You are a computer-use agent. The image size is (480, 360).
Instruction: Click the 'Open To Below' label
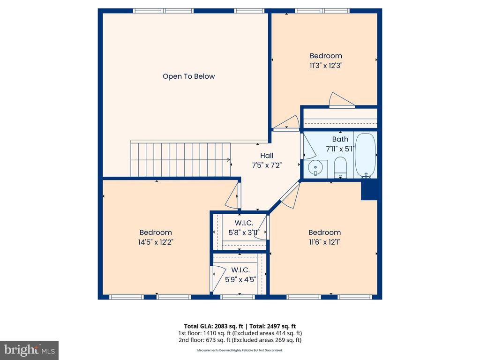[x=188, y=76]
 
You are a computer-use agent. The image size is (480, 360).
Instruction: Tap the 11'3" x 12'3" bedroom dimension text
[x=326, y=66]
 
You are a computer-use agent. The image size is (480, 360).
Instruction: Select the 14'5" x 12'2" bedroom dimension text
[x=156, y=242]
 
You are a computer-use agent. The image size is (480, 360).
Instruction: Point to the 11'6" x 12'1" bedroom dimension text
[x=324, y=242]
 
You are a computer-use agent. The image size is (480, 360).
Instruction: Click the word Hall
[x=267, y=156]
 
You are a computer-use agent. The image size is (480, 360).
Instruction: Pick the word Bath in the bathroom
[x=340, y=139]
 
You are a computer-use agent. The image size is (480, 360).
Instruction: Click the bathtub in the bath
[x=365, y=156]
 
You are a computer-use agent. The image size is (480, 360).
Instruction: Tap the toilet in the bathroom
[x=340, y=167]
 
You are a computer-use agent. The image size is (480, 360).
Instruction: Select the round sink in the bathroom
[x=315, y=168]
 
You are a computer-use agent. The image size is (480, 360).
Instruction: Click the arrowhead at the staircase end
[x=229, y=159]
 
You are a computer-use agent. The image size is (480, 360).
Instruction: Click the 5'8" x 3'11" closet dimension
[x=244, y=232]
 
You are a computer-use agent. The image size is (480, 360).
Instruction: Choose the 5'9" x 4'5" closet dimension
[x=240, y=279]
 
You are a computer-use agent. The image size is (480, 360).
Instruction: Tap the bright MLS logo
[x=30, y=350]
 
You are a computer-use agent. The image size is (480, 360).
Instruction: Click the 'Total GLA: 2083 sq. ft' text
[x=214, y=326]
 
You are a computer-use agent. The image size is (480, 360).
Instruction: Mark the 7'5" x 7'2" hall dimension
[x=267, y=165]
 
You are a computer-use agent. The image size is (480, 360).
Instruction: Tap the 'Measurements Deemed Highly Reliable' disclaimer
[x=240, y=350]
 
